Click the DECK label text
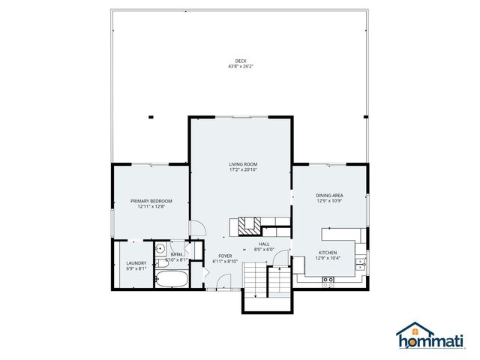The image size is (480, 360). point(240,61)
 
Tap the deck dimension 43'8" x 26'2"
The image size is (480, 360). point(240,67)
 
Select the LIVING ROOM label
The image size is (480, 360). point(243,164)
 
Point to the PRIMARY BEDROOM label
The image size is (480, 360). point(151,201)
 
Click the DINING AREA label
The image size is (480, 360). point(328,196)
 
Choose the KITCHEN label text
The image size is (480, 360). point(327,253)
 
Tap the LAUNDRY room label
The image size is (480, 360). point(136,262)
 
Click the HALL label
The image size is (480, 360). point(264,244)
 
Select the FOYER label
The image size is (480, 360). point(224,256)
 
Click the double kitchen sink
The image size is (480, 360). point(359,263)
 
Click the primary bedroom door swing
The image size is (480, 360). point(195,230)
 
